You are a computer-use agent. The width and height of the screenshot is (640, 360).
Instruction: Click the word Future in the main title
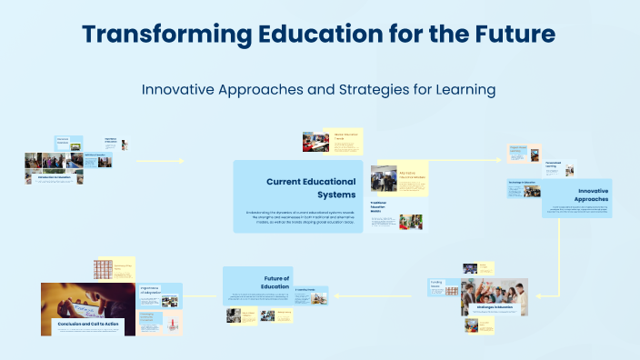[511, 35]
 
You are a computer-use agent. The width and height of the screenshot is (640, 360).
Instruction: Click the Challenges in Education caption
[492, 307]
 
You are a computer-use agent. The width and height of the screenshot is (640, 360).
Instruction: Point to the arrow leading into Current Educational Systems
[180, 162]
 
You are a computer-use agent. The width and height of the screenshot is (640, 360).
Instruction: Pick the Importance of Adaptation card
[152, 291]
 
